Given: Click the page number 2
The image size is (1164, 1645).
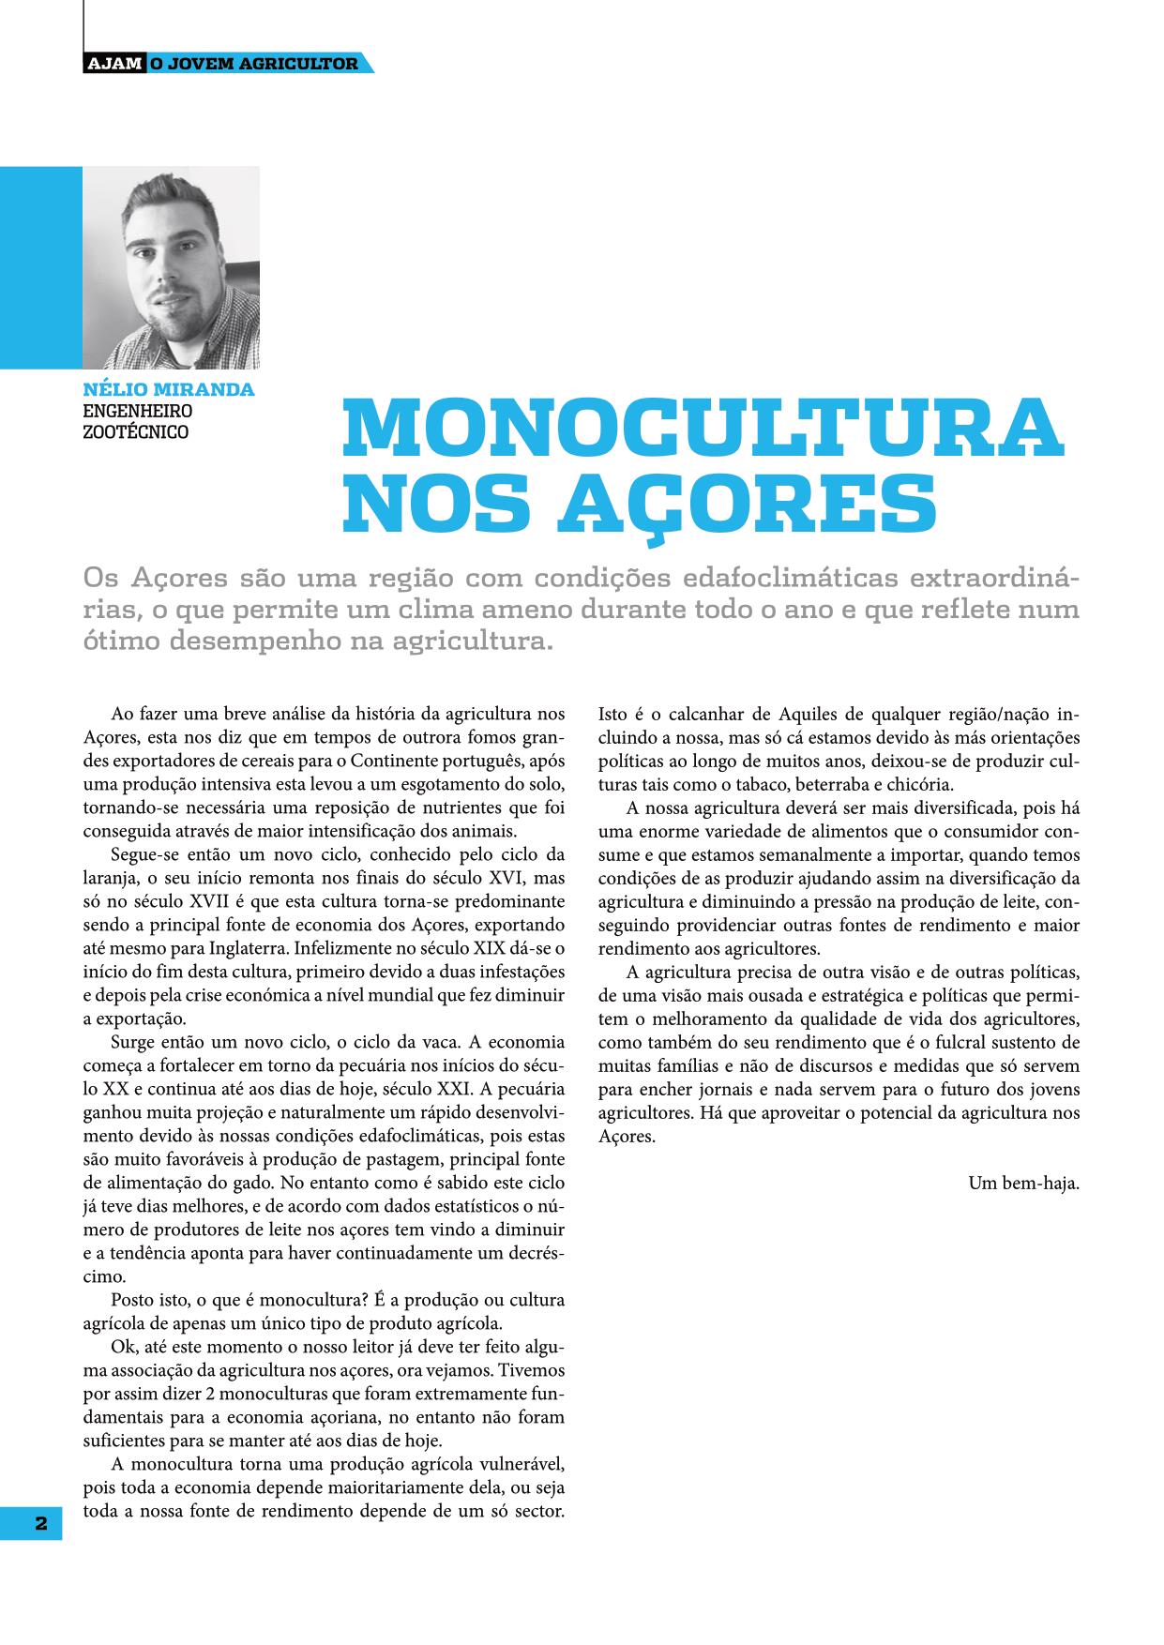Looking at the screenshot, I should pos(41,1523).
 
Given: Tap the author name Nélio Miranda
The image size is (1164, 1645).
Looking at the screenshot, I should pos(169,389).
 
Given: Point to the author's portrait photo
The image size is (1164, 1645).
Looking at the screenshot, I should pos(171,267).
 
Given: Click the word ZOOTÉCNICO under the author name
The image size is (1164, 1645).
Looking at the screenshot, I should pos(136,432).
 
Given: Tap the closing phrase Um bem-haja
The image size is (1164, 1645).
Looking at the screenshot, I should pos(1024,1183).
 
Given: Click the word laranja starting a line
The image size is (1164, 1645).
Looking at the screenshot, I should pos(109,878).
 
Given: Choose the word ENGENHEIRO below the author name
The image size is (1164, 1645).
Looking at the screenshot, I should pos(138,411).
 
